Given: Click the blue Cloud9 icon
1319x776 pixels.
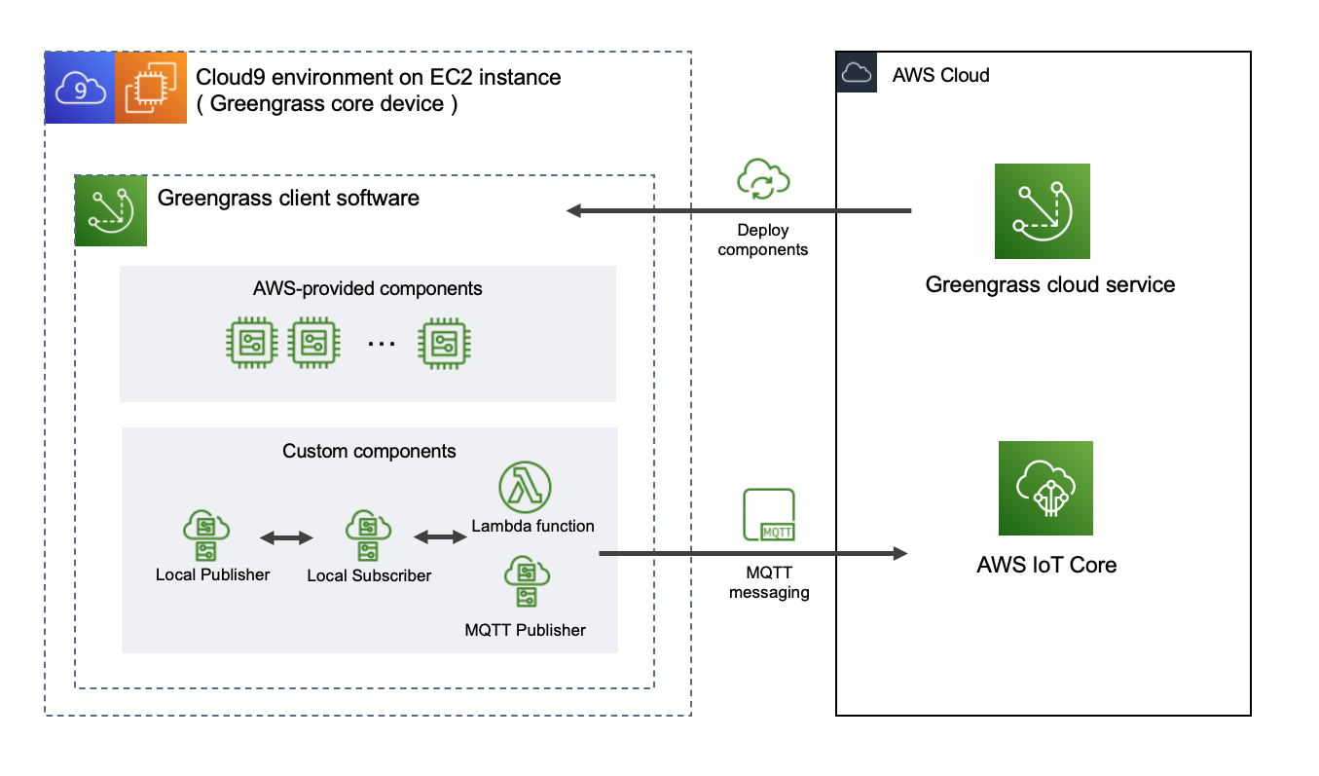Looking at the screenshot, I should tap(80, 88).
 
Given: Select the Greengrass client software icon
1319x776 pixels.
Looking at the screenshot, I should tap(111, 210).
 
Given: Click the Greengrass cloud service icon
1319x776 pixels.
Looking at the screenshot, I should tap(1042, 211).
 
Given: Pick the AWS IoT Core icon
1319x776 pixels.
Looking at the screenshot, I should tap(1045, 488).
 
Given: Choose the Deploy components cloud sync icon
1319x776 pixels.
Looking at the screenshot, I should tap(764, 179).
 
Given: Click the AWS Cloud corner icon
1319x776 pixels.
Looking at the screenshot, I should tap(856, 73).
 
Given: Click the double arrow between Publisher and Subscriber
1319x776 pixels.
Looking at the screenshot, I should tap(286, 537).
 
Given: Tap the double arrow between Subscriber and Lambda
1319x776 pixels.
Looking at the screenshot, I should tap(441, 537).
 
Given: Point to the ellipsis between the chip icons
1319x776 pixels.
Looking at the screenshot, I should tap(382, 344).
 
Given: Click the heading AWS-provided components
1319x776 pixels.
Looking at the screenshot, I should tap(367, 288).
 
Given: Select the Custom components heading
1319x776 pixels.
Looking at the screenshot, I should tap(369, 451).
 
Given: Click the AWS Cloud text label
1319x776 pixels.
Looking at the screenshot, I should tap(940, 75).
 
